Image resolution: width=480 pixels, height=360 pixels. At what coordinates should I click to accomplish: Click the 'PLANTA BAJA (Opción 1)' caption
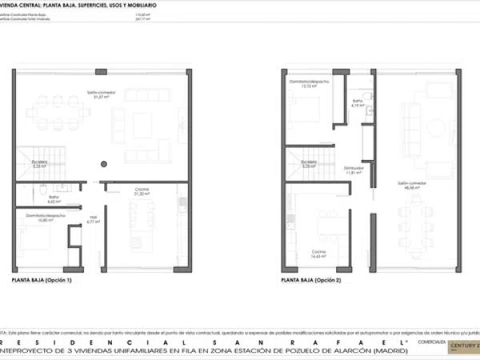pyautogui.click(x=42, y=281)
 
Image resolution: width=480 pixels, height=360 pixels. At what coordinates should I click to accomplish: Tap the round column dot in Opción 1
pyautogui.click(x=103, y=164)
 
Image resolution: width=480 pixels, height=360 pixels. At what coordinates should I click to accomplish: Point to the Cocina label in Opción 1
pyautogui.click(x=142, y=191)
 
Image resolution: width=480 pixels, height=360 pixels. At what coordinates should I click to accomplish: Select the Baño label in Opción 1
pyautogui.click(x=54, y=199)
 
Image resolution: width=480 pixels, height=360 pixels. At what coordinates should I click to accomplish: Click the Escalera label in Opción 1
pyautogui.click(x=39, y=165)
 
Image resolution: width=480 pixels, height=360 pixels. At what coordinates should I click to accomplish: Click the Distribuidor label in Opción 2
pyautogui.click(x=354, y=170)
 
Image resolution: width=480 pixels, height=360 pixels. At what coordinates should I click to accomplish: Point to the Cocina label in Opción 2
pyautogui.click(x=319, y=254)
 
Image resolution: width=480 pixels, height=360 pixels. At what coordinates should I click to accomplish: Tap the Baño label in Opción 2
pyautogui.click(x=358, y=102)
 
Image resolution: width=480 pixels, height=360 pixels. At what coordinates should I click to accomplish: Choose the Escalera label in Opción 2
pyautogui.click(x=309, y=165)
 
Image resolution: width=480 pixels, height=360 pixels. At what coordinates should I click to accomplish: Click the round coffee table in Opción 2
pyautogui.click(x=437, y=128)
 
